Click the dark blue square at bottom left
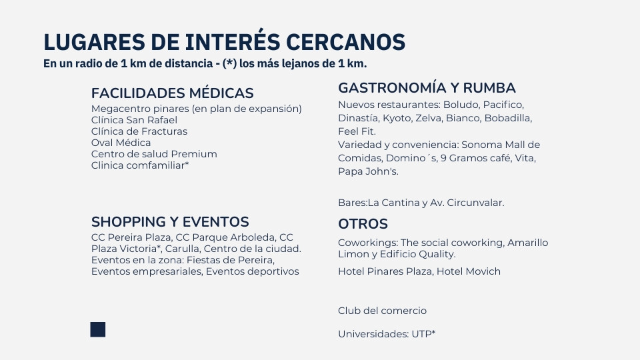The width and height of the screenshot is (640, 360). [x=98, y=329]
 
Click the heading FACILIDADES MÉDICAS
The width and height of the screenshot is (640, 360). [x=172, y=93]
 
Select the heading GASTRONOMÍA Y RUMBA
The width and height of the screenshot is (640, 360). [x=427, y=88]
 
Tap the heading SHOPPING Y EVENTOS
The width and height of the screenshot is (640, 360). [x=170, y=221]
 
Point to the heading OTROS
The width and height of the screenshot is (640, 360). [x=363, y=224]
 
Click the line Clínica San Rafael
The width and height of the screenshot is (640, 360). [x=134, y=120]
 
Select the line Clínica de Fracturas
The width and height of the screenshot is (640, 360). [x=139, y=131]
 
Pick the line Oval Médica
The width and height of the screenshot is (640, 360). [x=121, y=143]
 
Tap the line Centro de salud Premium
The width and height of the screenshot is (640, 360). [x=154, y=154]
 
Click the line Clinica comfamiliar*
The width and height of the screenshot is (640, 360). [x=140, y=165]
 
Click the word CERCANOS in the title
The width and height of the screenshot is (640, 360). [x=345, y=42]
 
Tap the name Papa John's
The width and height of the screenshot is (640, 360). [x=368, y=171]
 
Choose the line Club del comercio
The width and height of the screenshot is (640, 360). [x=382, y=311]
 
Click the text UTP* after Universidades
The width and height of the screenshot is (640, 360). [x=423, y=334]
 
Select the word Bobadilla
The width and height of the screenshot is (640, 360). [x=508, y=119]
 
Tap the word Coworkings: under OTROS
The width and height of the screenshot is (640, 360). [x=368, y=243]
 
